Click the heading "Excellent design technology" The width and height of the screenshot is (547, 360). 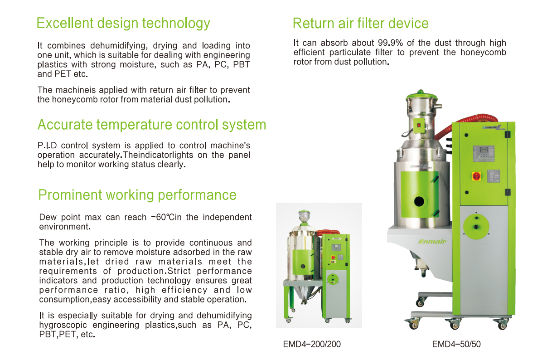tap(123, 24)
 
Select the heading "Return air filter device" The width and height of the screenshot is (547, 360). tap(361, 24)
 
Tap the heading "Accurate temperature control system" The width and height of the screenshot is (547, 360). tap(152, 125)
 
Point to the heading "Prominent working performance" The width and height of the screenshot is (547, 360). tap(137, 195)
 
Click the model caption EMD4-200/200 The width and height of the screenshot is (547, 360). tap(312, 344)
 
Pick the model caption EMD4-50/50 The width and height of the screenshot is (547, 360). tap(456, 344)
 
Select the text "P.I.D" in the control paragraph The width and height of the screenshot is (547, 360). tap(47, 146)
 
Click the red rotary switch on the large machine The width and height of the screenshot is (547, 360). tap(476, 176)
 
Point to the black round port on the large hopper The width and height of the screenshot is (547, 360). tap(419, 201)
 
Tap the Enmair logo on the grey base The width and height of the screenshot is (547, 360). tap(432, 242)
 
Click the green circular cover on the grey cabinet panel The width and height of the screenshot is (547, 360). tap(476, 226)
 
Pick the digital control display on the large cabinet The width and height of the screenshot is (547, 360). tap(484, 153)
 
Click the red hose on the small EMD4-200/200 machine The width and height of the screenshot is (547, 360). tap(327, 232)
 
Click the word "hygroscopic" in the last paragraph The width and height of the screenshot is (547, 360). tap(63, 325)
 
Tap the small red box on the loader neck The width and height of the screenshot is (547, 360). tap(419, 126)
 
